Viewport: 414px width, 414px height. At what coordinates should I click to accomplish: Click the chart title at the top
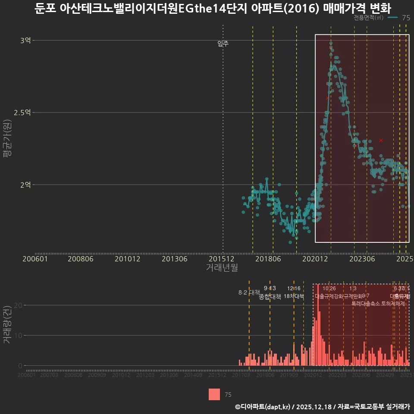pos(207,8)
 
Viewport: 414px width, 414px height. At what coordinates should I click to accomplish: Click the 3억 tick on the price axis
pos(25,41)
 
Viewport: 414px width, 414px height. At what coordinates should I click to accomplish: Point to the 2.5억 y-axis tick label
pos(22,113)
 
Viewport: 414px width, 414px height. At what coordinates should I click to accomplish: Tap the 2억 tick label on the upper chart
pos(25,185)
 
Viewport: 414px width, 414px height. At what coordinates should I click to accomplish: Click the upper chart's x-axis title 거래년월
pos(222,267)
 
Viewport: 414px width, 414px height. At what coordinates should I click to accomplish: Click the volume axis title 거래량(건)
pos(7,325)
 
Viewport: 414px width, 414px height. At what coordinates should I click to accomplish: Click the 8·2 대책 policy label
pos(246,292)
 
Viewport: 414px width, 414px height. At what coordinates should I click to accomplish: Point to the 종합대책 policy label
pos(270,297)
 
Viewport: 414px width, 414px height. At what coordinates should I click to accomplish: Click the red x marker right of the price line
pos(381,140)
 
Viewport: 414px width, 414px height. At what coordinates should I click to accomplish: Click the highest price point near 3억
pos(331,43)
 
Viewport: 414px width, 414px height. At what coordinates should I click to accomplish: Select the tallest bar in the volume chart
pos(318,325)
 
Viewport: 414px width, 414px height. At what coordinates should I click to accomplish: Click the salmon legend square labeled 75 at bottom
pos(214,394)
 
